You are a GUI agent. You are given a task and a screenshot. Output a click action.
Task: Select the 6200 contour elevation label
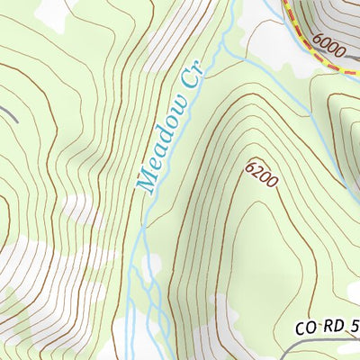click(261, 173)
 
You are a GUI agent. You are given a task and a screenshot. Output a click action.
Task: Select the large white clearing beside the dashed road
click(270, 40)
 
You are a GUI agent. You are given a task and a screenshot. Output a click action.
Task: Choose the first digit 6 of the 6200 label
click(249, 163)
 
